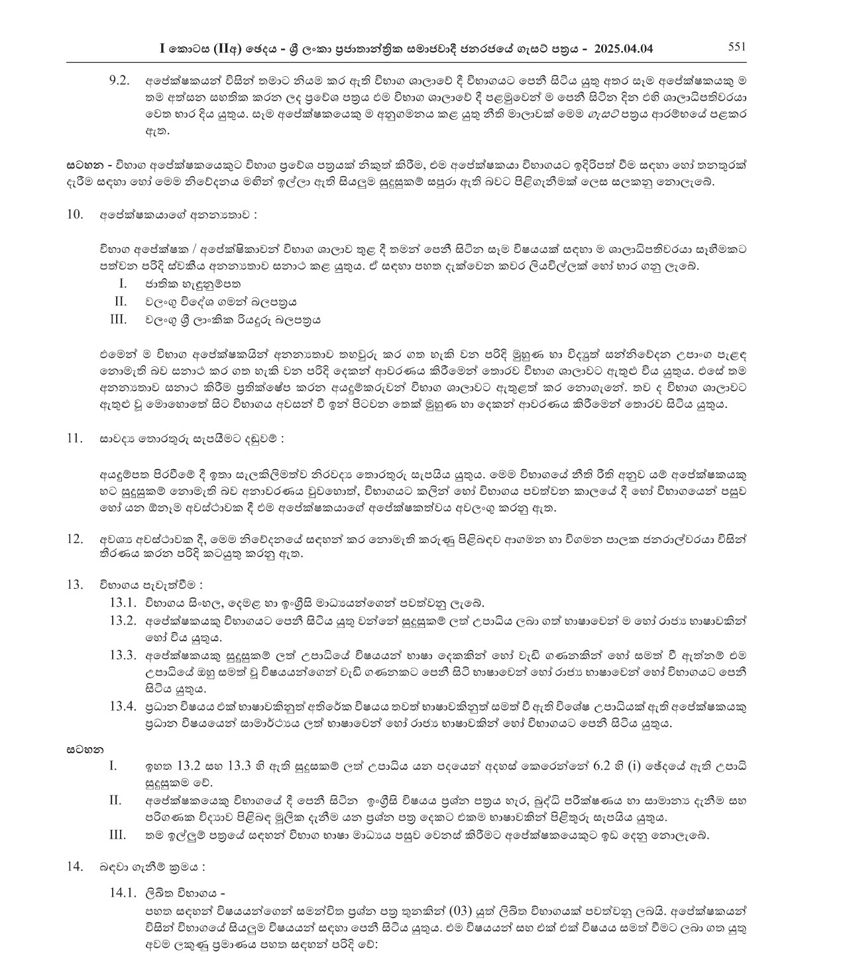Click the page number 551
(737, 46)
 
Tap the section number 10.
(74, 214)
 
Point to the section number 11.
(74, 438)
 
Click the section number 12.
(74, 539)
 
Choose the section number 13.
(74, 584)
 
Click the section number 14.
(74, 866)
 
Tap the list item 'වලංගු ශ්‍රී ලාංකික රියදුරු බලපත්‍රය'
(233, 319)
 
